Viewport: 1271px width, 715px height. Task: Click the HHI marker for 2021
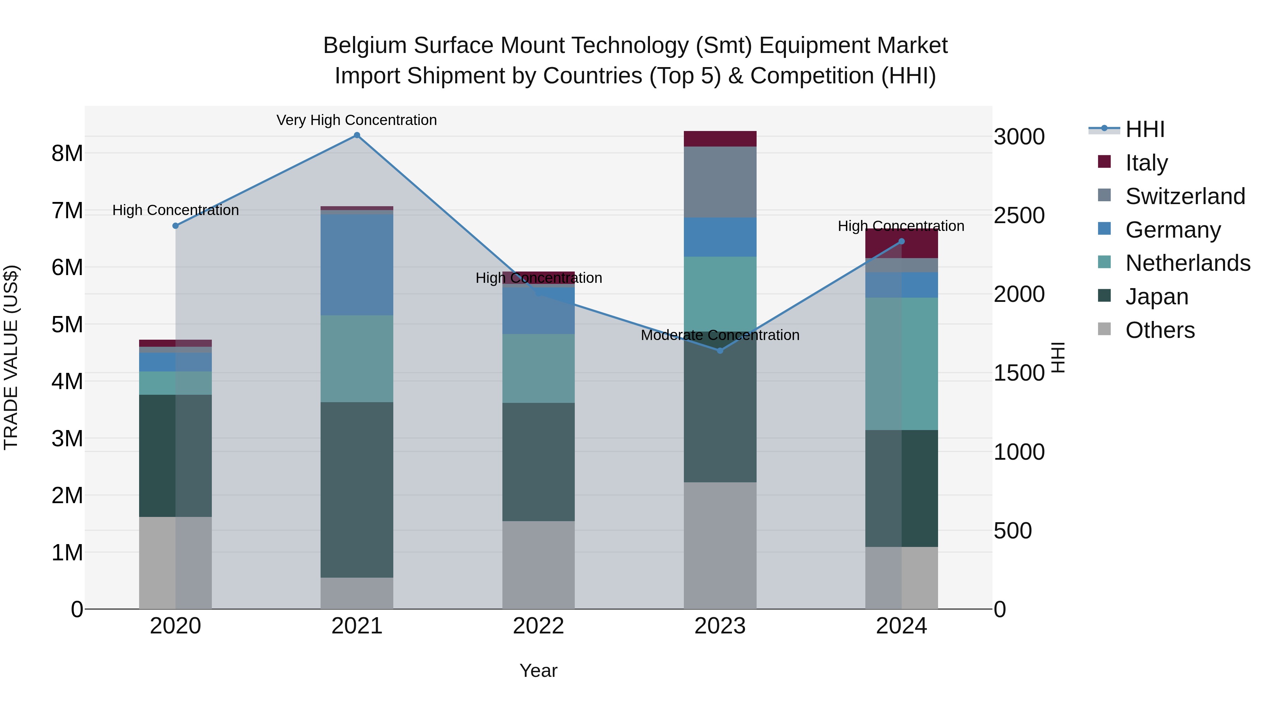pos(357,135)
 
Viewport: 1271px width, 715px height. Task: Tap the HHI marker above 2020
pos(176,226)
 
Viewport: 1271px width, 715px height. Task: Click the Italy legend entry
pos(1146,163)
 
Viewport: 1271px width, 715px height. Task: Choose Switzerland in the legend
pos(1185,196)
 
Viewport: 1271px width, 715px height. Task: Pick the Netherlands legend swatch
pos(1105,262)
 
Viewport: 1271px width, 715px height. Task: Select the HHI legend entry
pos(1145,129)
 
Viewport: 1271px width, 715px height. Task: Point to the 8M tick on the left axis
pos(67,154)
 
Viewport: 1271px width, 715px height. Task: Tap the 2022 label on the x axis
pos(538,626)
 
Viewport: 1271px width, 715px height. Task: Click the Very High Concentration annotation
pos(356,120)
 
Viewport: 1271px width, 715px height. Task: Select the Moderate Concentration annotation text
pos(720,335)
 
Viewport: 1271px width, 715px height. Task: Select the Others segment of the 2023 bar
pos(720,545)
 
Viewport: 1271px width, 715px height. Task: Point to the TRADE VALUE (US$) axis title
pos(11,357)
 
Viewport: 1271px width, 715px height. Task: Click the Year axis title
pos(538,671)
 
